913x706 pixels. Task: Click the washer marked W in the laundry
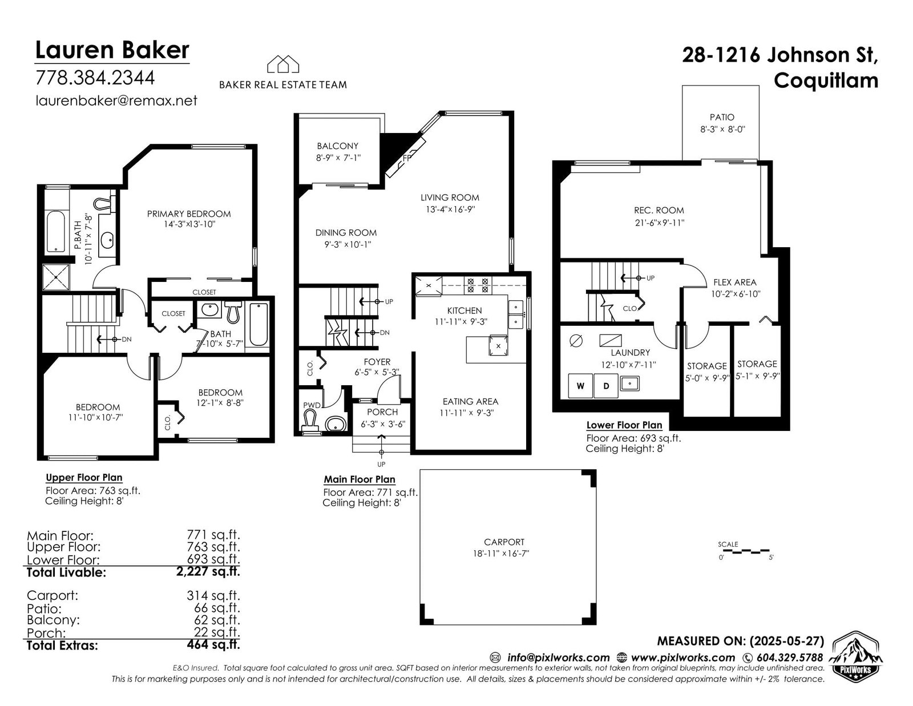(580, 386)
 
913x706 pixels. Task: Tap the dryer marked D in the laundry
(606, 386)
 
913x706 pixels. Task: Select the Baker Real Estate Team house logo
(283, 64)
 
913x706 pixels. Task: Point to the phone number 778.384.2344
(95, 78)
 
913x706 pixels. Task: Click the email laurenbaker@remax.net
(116, 101)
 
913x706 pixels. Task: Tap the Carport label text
(504, 542)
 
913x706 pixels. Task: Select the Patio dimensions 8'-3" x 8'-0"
(722, 130)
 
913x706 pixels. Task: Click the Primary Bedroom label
(189, 214)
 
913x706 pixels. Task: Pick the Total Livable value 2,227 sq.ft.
(208, 571)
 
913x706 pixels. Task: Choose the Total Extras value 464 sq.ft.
(213, 644)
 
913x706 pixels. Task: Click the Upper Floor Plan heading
(84, 477)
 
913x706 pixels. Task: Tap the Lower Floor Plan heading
(624, 425)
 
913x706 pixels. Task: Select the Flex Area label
(735, 283)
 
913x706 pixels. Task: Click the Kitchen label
(464, 310)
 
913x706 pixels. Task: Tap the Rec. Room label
(659, 210)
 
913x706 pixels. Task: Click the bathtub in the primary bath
(55, 232)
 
